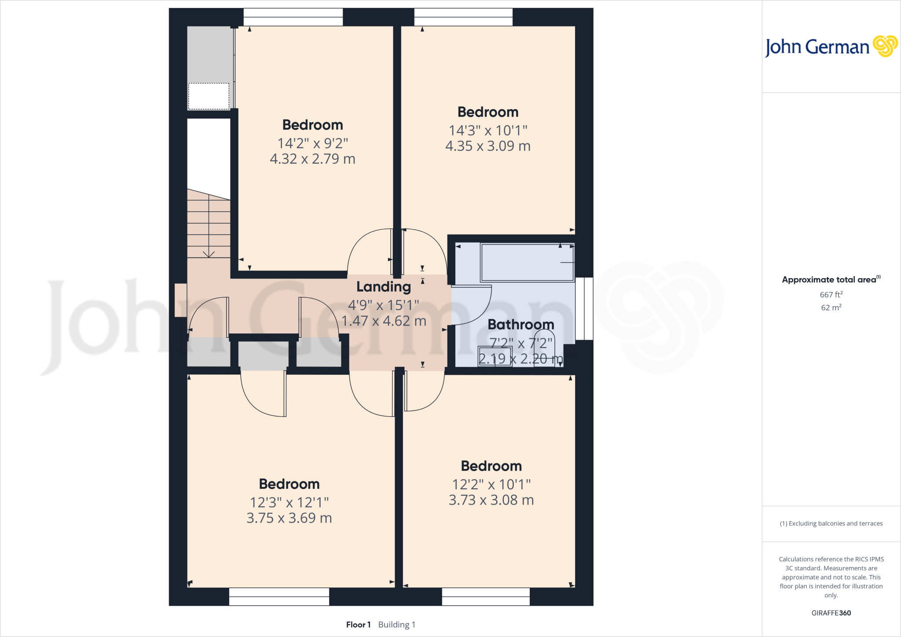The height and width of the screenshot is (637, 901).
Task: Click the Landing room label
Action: (x=383, y=287)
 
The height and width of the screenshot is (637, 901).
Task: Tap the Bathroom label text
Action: (x=520, y=325)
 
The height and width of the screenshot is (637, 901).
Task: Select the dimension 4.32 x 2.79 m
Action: (x=312, y=159)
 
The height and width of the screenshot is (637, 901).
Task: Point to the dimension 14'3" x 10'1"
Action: (x=488, y=130)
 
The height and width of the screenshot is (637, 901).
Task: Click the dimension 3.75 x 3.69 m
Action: (x=289, y=518)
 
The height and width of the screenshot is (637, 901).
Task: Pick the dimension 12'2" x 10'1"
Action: (x=491, y=484)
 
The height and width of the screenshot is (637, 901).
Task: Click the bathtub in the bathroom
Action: (x=527, y=263)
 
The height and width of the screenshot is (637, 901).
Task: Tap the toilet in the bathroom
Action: (x=544, y=348)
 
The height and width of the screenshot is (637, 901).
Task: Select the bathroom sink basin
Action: (x=495, y=356)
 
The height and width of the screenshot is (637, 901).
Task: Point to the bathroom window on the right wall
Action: (x=584, y=308)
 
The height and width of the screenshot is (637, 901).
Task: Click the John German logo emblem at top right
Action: (x=885, y=46)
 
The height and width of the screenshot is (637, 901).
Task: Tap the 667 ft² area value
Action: (x=831, y=295)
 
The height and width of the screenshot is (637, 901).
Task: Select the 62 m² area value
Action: (x=831, y=308)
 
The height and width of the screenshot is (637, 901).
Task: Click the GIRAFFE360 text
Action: (x=831, y=613)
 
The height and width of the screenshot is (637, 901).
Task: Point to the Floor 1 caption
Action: (x=358, y=625)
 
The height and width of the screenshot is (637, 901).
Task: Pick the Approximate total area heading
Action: (x=829, y=280)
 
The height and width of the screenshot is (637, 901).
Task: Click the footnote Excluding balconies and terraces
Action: (x=831, y=524)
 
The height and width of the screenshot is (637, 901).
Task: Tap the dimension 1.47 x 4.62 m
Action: (x=384, y=321)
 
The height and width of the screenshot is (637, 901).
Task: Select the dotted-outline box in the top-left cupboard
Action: (x=209, y=96)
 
